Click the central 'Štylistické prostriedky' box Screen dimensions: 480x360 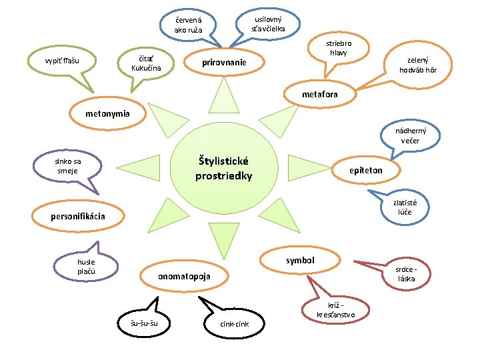tap(223, 169)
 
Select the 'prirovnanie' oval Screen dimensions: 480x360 tap(224, 63)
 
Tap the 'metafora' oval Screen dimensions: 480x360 tap(319, 94)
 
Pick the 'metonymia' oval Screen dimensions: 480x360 tap(107, 114)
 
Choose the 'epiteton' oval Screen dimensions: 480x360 tap(366, 170)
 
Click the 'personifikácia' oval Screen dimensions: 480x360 tap(78, 216)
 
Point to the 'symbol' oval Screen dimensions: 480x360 tap(299, 260)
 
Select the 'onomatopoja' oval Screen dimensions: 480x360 tap(184, 276)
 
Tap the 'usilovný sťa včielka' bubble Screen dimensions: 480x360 tap(269, 23)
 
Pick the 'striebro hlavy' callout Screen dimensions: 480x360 tap(338, 48)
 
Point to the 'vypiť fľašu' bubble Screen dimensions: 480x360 tap(62, 61)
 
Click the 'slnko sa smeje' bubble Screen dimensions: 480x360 tap(69, 166)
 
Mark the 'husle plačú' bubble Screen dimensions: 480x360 tap(86, 267)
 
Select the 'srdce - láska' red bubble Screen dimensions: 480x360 tap(406, 273)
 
